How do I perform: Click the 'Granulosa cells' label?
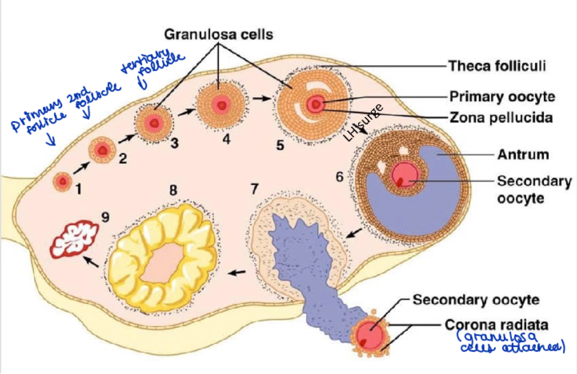[218, 35]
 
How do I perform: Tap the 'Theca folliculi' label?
[497, 66]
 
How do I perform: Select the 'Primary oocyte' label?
[502, 97]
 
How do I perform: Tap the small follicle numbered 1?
[62, 181]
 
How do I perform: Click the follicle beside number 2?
[102, 150]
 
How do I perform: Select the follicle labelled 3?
[152, 123]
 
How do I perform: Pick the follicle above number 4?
[220, 104]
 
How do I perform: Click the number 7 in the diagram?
[255, 189]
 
